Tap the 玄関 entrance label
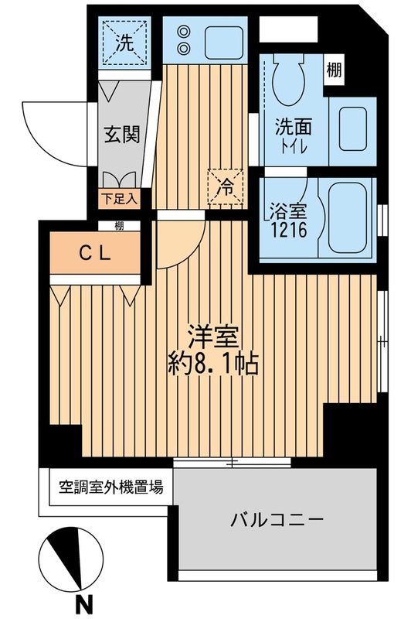(121, 136)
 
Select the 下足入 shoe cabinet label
(119, 199)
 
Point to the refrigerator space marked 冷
(225, 186)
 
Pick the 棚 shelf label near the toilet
(334, 69)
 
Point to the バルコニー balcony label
(275, 520)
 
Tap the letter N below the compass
(80, 600)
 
